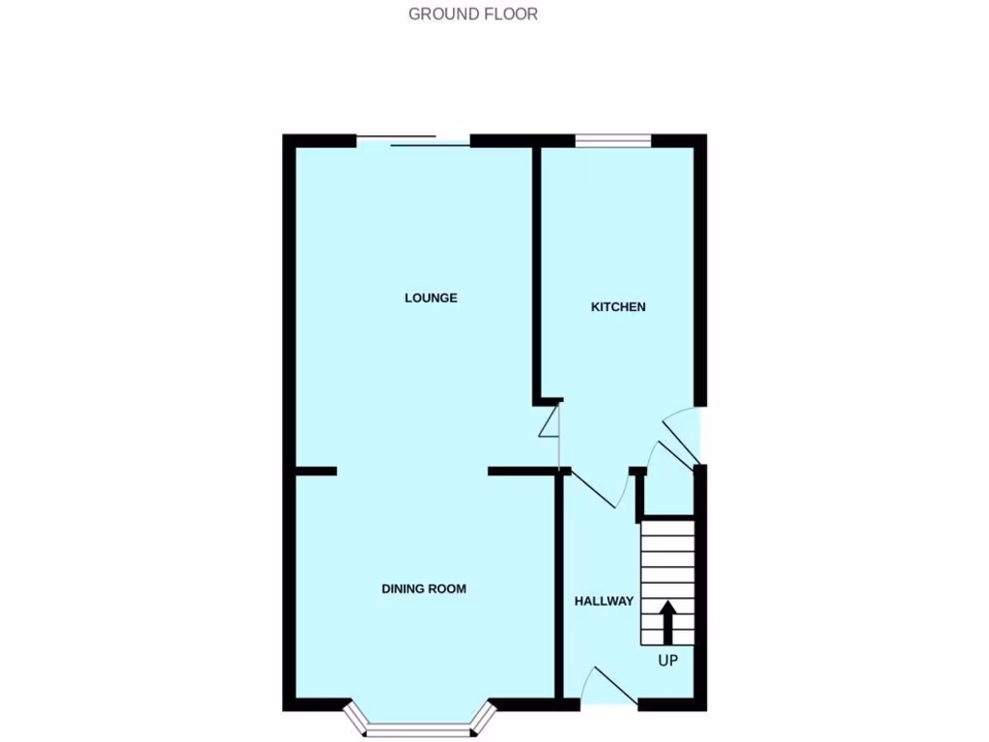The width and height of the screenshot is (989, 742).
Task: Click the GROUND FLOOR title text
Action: tap(472, 14)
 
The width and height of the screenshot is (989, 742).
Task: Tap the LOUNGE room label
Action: tap(431, 298)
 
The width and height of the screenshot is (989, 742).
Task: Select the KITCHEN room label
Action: tap(618, 307)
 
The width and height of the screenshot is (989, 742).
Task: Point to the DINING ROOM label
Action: tap(423, 588)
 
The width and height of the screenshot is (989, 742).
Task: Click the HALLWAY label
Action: tap(604, 601)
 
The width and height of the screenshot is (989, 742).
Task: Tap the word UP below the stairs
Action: tap(667, 662)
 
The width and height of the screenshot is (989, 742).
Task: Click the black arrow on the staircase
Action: tap(667, 621)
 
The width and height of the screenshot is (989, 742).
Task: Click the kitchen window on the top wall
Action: tap(613, 142)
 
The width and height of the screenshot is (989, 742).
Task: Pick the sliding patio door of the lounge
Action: tap(413, 141)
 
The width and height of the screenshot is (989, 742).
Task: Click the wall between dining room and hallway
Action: tap(558, 585)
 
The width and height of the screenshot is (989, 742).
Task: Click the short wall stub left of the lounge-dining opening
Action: tap(316, 471)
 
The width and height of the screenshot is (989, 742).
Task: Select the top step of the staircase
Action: tap(667, 527)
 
